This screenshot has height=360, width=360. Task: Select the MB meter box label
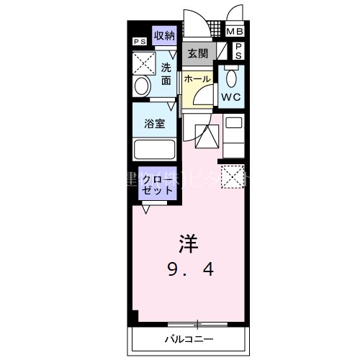235,32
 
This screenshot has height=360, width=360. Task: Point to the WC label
231,96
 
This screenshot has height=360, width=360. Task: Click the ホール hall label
197,78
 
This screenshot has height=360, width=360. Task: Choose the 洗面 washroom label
166,74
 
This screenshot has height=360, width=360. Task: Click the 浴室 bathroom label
155,123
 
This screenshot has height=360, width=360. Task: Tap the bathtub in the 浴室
155,150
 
